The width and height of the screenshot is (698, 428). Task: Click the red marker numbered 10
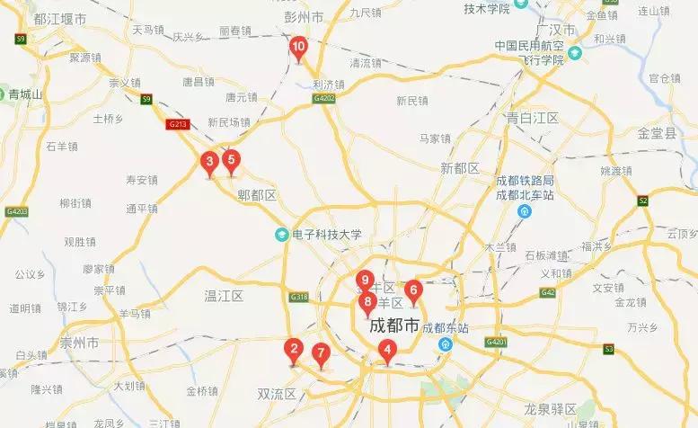click(299, 47)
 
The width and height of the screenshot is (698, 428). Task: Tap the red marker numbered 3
click(209, 163)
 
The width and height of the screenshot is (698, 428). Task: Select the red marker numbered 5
click(231, 162)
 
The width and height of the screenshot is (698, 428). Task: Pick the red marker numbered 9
click(364, 281)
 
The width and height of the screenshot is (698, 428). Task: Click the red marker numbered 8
click(367, 302)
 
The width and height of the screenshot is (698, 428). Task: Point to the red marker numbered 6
click(413, 290)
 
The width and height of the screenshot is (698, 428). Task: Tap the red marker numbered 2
click(292, 349)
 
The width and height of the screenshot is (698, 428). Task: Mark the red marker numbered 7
click(322, 352)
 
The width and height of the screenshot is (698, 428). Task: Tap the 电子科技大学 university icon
click(281, 235)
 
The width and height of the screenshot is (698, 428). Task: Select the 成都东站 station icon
click(444, 344)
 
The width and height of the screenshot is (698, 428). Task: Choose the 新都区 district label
click(461, 168)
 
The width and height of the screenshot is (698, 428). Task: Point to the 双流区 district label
click(277, 394)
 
